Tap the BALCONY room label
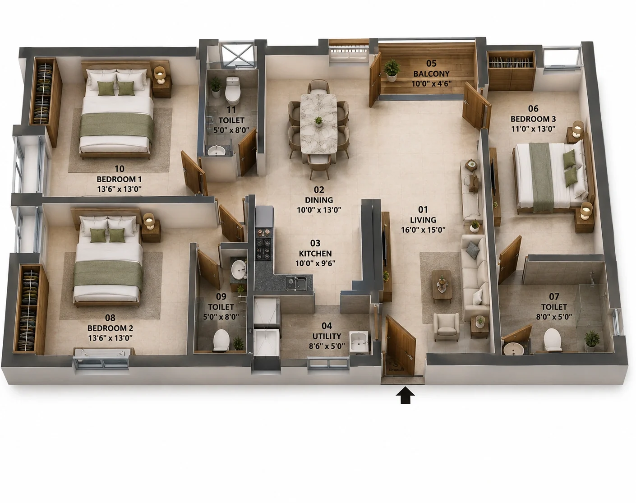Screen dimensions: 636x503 (x=431, y=74)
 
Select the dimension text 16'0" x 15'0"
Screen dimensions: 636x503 (x=423, y=230)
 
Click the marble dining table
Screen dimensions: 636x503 (x=318, y=124)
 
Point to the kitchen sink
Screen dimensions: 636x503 (x=296, y=283)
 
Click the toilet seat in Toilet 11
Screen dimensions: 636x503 (x=233, y=89)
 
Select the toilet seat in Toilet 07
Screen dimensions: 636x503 (x=552, y=339)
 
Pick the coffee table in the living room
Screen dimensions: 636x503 (x=442, y=284)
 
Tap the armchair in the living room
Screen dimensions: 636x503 (x=446, y=328)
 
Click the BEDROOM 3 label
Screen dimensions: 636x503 (x=533, y=119)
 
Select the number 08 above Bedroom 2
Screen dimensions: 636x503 (x=110, y=318)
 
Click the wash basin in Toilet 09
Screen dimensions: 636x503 (x=239, y=270)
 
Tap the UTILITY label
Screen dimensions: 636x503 (x=327, y=336)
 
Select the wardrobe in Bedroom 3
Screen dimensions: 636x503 (x=511, y=71)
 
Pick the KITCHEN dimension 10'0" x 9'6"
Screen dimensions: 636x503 (x=315, y=263)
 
